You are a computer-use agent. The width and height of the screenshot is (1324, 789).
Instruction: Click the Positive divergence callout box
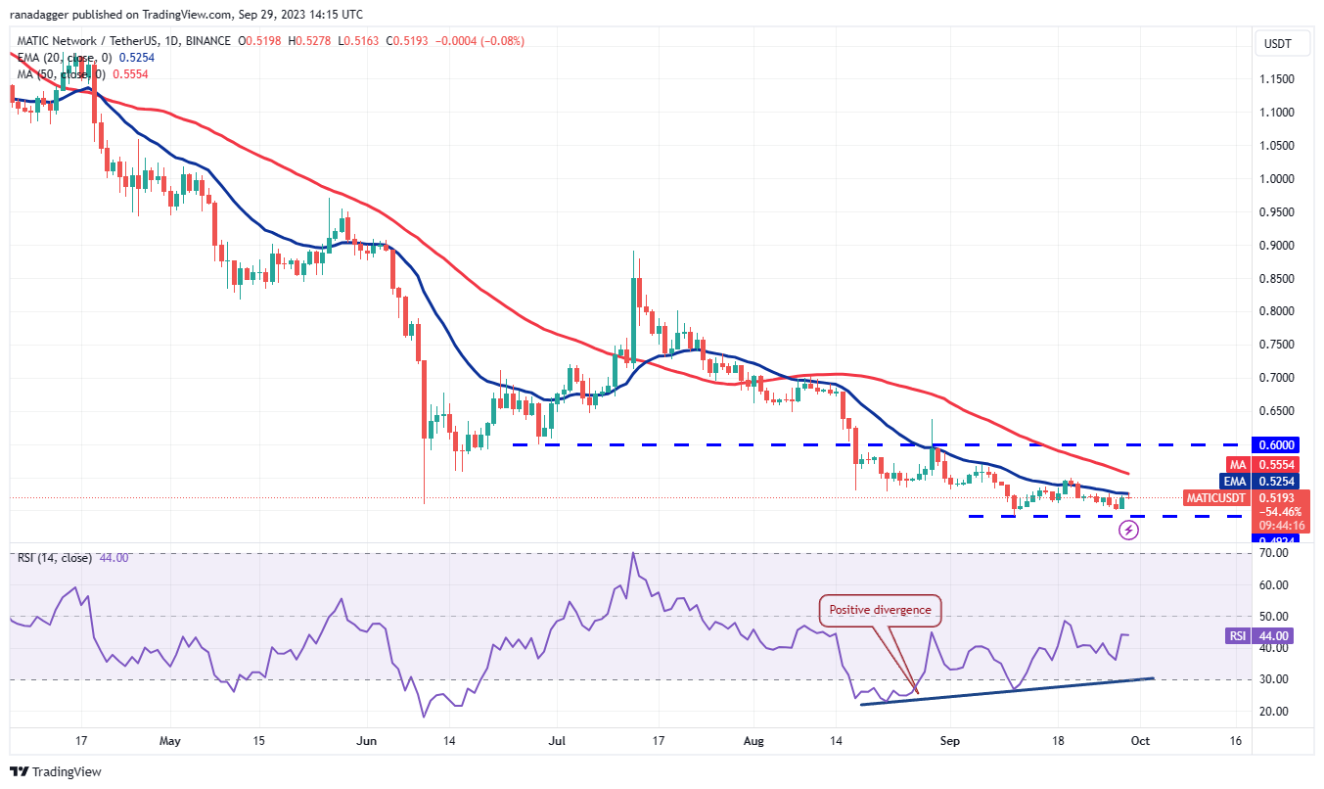(881, 610)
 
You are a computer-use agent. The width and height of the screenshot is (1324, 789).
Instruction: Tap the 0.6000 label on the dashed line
(1278, 443)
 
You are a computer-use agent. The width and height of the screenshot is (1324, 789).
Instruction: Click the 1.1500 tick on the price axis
(1278, 78)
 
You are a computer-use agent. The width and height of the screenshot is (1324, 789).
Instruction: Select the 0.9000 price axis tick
(1278, 245)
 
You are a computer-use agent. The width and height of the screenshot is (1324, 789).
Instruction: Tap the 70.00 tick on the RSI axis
(1275, 553)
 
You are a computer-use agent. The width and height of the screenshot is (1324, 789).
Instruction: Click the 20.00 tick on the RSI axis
(1275, 712)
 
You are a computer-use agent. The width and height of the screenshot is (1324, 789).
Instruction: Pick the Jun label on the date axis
(367, 741)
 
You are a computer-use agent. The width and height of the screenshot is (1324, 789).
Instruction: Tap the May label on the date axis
(169, 741)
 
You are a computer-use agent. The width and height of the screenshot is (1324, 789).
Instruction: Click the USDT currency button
(1278, 43)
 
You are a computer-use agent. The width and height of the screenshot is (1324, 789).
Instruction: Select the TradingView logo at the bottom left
(57, 771)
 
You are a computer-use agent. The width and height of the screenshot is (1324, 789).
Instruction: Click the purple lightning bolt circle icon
(1128, 530)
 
